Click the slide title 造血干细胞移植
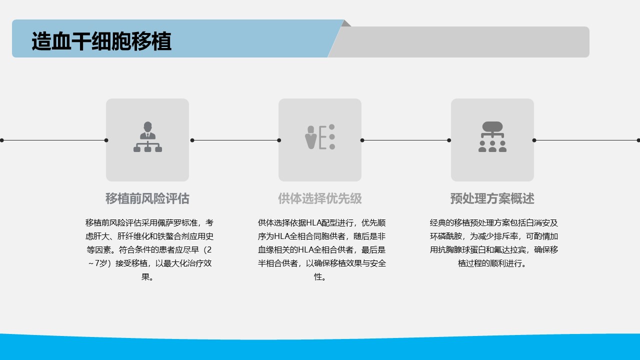pyautogui.click(x=101, y=41)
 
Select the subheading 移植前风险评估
pyautogui.click(x=147, y=198)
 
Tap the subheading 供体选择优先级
pyautogui.click(x=320, y=198)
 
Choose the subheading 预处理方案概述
pyautogui.click(x=492, y=198)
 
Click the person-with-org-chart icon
pyautogui.click(x=147, y=136)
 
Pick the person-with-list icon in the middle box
pyautogui.click(x=320, y=136)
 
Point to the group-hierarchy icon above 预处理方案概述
pyautogui.click(x=492, y=136)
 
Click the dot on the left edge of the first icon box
pyautogui.click(x=106, y=140)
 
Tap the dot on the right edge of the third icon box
pyautogui.click(x=534, y=140)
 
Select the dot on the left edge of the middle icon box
pyautogui.click(x=279, y=140)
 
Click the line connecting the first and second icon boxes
pyautogui.click(x=235, y=140)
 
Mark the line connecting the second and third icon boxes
pyautogui.click(x=405, y=140)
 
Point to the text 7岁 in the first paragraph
pyautogui.click(x=101, y=263)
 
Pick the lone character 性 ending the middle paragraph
pyautogui.click(x=317, y=276)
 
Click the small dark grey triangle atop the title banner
pyautogui.click(x=347, y=23)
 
